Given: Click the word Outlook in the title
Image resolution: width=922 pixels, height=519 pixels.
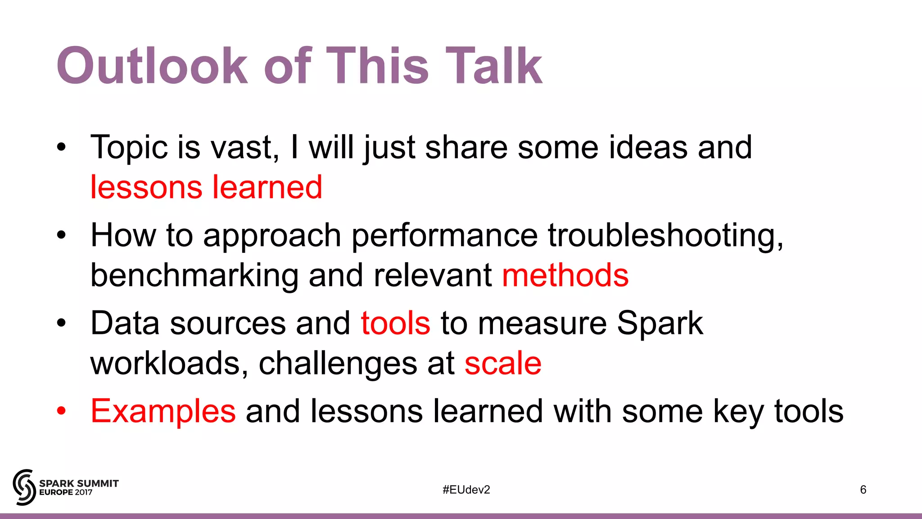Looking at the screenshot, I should (x=152, y=66).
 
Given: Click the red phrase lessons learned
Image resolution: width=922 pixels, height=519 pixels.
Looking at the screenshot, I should (x=206, y=187).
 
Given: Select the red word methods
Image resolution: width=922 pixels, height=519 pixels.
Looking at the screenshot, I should (x=565, y=275).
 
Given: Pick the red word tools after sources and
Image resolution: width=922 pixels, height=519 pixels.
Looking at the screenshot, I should (x=395, y=323).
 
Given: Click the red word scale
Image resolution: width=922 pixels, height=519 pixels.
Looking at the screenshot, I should (x=503, y=363).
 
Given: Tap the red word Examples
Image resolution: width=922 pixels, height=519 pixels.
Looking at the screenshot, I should (x=163, y=411).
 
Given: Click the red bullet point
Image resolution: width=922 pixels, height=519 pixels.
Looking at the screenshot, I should (x=62, y=411).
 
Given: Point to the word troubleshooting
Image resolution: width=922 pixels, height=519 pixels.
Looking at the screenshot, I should (x=665, y=236).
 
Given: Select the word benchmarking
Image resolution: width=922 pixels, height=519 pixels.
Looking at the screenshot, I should (x=194, y=275).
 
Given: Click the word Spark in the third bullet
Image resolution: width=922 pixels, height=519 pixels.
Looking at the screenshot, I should (x=660, y=323).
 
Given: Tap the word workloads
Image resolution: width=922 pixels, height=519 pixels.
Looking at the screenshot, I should (x=169, y=363).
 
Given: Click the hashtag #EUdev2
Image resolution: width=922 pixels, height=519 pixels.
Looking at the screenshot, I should (x=466, y=490).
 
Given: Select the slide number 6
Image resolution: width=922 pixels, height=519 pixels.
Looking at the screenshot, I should (x=863, y=490).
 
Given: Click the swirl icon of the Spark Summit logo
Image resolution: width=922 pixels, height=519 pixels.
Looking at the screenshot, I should (x=24, y=487).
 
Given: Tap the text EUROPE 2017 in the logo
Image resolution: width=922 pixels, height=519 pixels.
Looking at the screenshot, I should (x=66, y=492).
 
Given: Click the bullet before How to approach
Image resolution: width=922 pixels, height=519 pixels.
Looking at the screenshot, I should (x=62, y=235).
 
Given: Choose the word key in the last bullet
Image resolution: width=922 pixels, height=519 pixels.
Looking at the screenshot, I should (x=738, y=411).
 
